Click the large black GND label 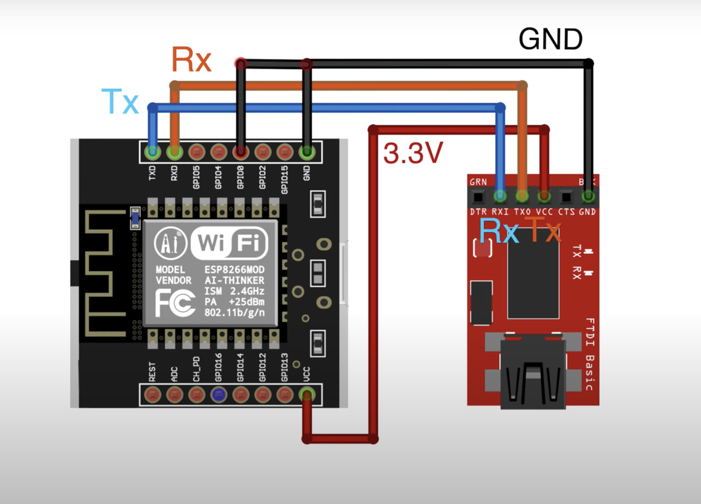point(550,39)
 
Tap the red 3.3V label point(413,153)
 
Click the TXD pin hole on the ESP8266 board point(152,152)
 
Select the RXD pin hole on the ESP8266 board point(175,152)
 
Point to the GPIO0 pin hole point(241,152)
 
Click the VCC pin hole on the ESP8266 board point(307,394)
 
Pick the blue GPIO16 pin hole point(218,394)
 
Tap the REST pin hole point(152,394)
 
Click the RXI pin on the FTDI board point(500,196)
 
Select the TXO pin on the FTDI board point(522,196)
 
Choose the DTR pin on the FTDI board point(478,197)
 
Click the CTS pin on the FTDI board point(566,197)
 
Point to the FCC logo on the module point(175,302)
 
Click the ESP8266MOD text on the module point(234,270)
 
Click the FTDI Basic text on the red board point(590,354)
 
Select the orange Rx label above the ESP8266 point(191,60)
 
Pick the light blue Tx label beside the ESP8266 point(120,101)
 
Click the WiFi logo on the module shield point(229,243)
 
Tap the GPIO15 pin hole point(285,152)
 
